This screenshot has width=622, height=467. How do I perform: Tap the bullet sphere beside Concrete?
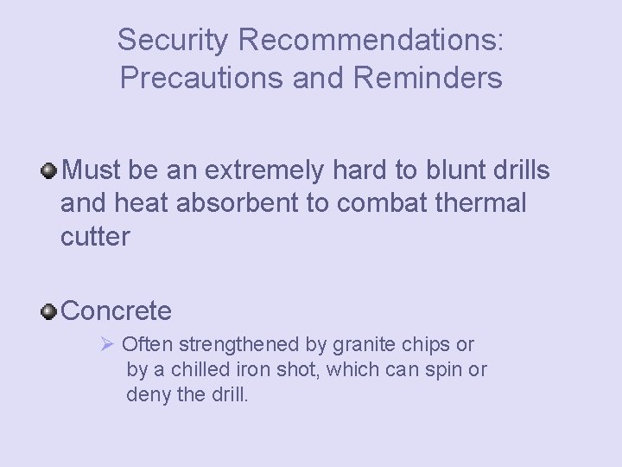pyautogui.click(x=50, y=310)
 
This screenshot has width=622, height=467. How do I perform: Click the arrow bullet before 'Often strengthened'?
pyautogui.click(x=108, y=344)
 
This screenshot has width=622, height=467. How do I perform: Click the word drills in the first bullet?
pyautogui.click(x=517, y=170)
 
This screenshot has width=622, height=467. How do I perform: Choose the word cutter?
pyautogui.click(x=95, y=236)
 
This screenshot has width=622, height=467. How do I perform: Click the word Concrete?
pyautogui.click(x=117, y=310)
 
